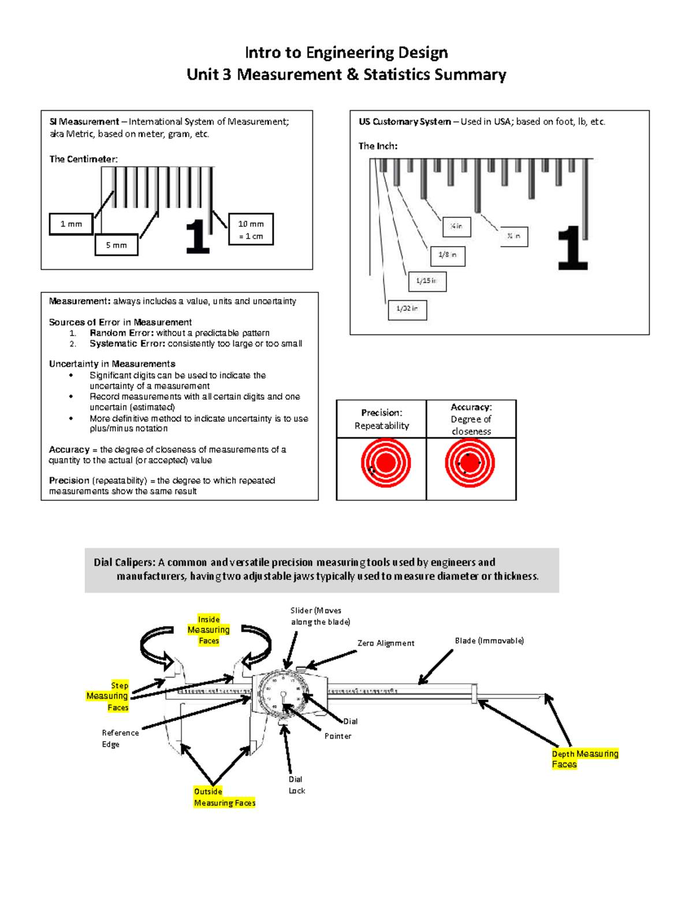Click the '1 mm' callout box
(71, 224)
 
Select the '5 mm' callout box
(116, 245)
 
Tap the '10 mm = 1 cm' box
(251, 229)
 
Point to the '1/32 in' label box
(407, 309)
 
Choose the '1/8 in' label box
(448, 255)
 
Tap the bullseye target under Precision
(386, 463)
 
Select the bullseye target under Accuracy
(470, 463)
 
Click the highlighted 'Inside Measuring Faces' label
(208, 630)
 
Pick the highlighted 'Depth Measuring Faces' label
(584, 759)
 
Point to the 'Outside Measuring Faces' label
(224, 797)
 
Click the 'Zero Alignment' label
(386, 643)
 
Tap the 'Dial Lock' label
(296, 785)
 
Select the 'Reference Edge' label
(120, 738)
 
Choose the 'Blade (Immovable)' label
(489, 641)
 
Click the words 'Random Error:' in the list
(121, 333)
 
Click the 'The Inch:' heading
(378, 146)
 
